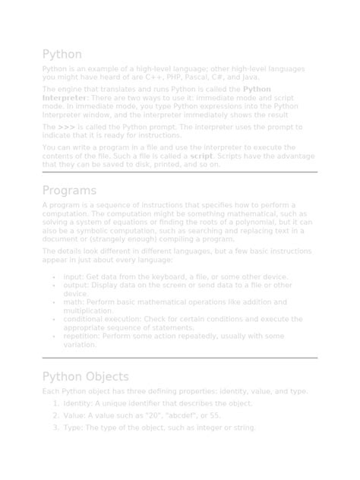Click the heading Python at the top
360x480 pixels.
(x=62, y=55)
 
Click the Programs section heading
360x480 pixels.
(x=69, y=191)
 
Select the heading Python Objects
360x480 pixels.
(x=85, y=377)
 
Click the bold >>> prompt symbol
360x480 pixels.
(x=66, y=128)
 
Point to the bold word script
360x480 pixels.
(x=201, y=156)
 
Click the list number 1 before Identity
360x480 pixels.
(x=55, y=403)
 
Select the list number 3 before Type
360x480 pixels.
(x=55, y=428)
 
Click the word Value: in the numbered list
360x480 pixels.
(x=75, y=415)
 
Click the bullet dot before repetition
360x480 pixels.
(x=53, y=336)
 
